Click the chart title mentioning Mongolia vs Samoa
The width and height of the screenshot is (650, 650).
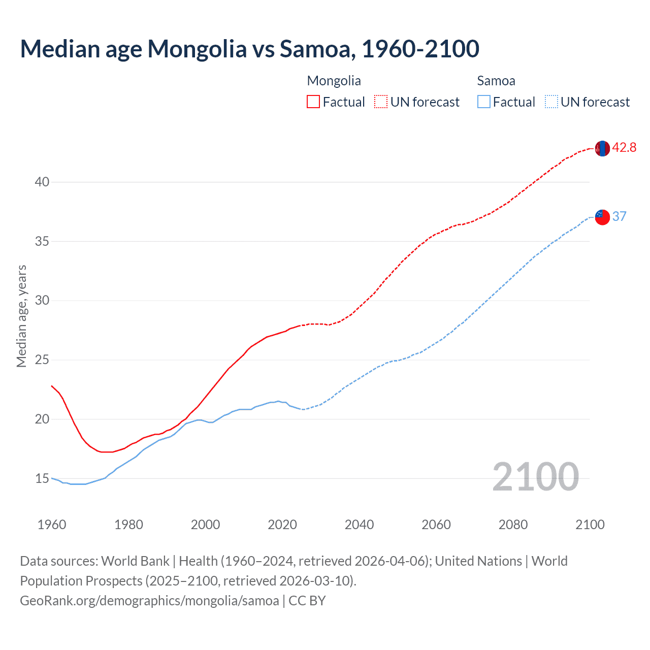[249, 49]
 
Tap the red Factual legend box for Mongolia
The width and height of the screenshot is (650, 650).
[313, 102]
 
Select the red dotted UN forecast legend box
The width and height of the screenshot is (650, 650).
[381, 102]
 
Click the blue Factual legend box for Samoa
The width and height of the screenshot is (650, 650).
[484, 102]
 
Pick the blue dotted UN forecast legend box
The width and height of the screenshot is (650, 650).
[551, 102]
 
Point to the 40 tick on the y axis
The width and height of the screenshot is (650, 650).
[42, 182]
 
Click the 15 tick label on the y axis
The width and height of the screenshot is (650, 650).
[42, 478]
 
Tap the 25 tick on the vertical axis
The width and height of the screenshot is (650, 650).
[42, 360]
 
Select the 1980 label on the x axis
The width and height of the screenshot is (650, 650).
[128, 524]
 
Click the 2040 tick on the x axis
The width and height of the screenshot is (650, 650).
[359, 524]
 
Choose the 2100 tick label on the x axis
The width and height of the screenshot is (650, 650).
[590, 524]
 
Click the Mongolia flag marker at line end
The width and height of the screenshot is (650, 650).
[602, 148]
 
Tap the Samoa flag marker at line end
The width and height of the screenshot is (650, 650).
[602, 217]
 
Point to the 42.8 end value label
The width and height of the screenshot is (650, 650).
[624, 148]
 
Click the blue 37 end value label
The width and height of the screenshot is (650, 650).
[619, 217]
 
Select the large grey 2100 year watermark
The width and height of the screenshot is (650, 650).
[535, 477]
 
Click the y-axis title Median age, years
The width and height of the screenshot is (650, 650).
[21, 316]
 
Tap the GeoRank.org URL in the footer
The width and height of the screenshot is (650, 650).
[149, 601]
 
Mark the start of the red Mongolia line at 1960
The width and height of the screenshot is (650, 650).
[52, 386]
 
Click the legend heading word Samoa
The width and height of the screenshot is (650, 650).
[496, 81]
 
